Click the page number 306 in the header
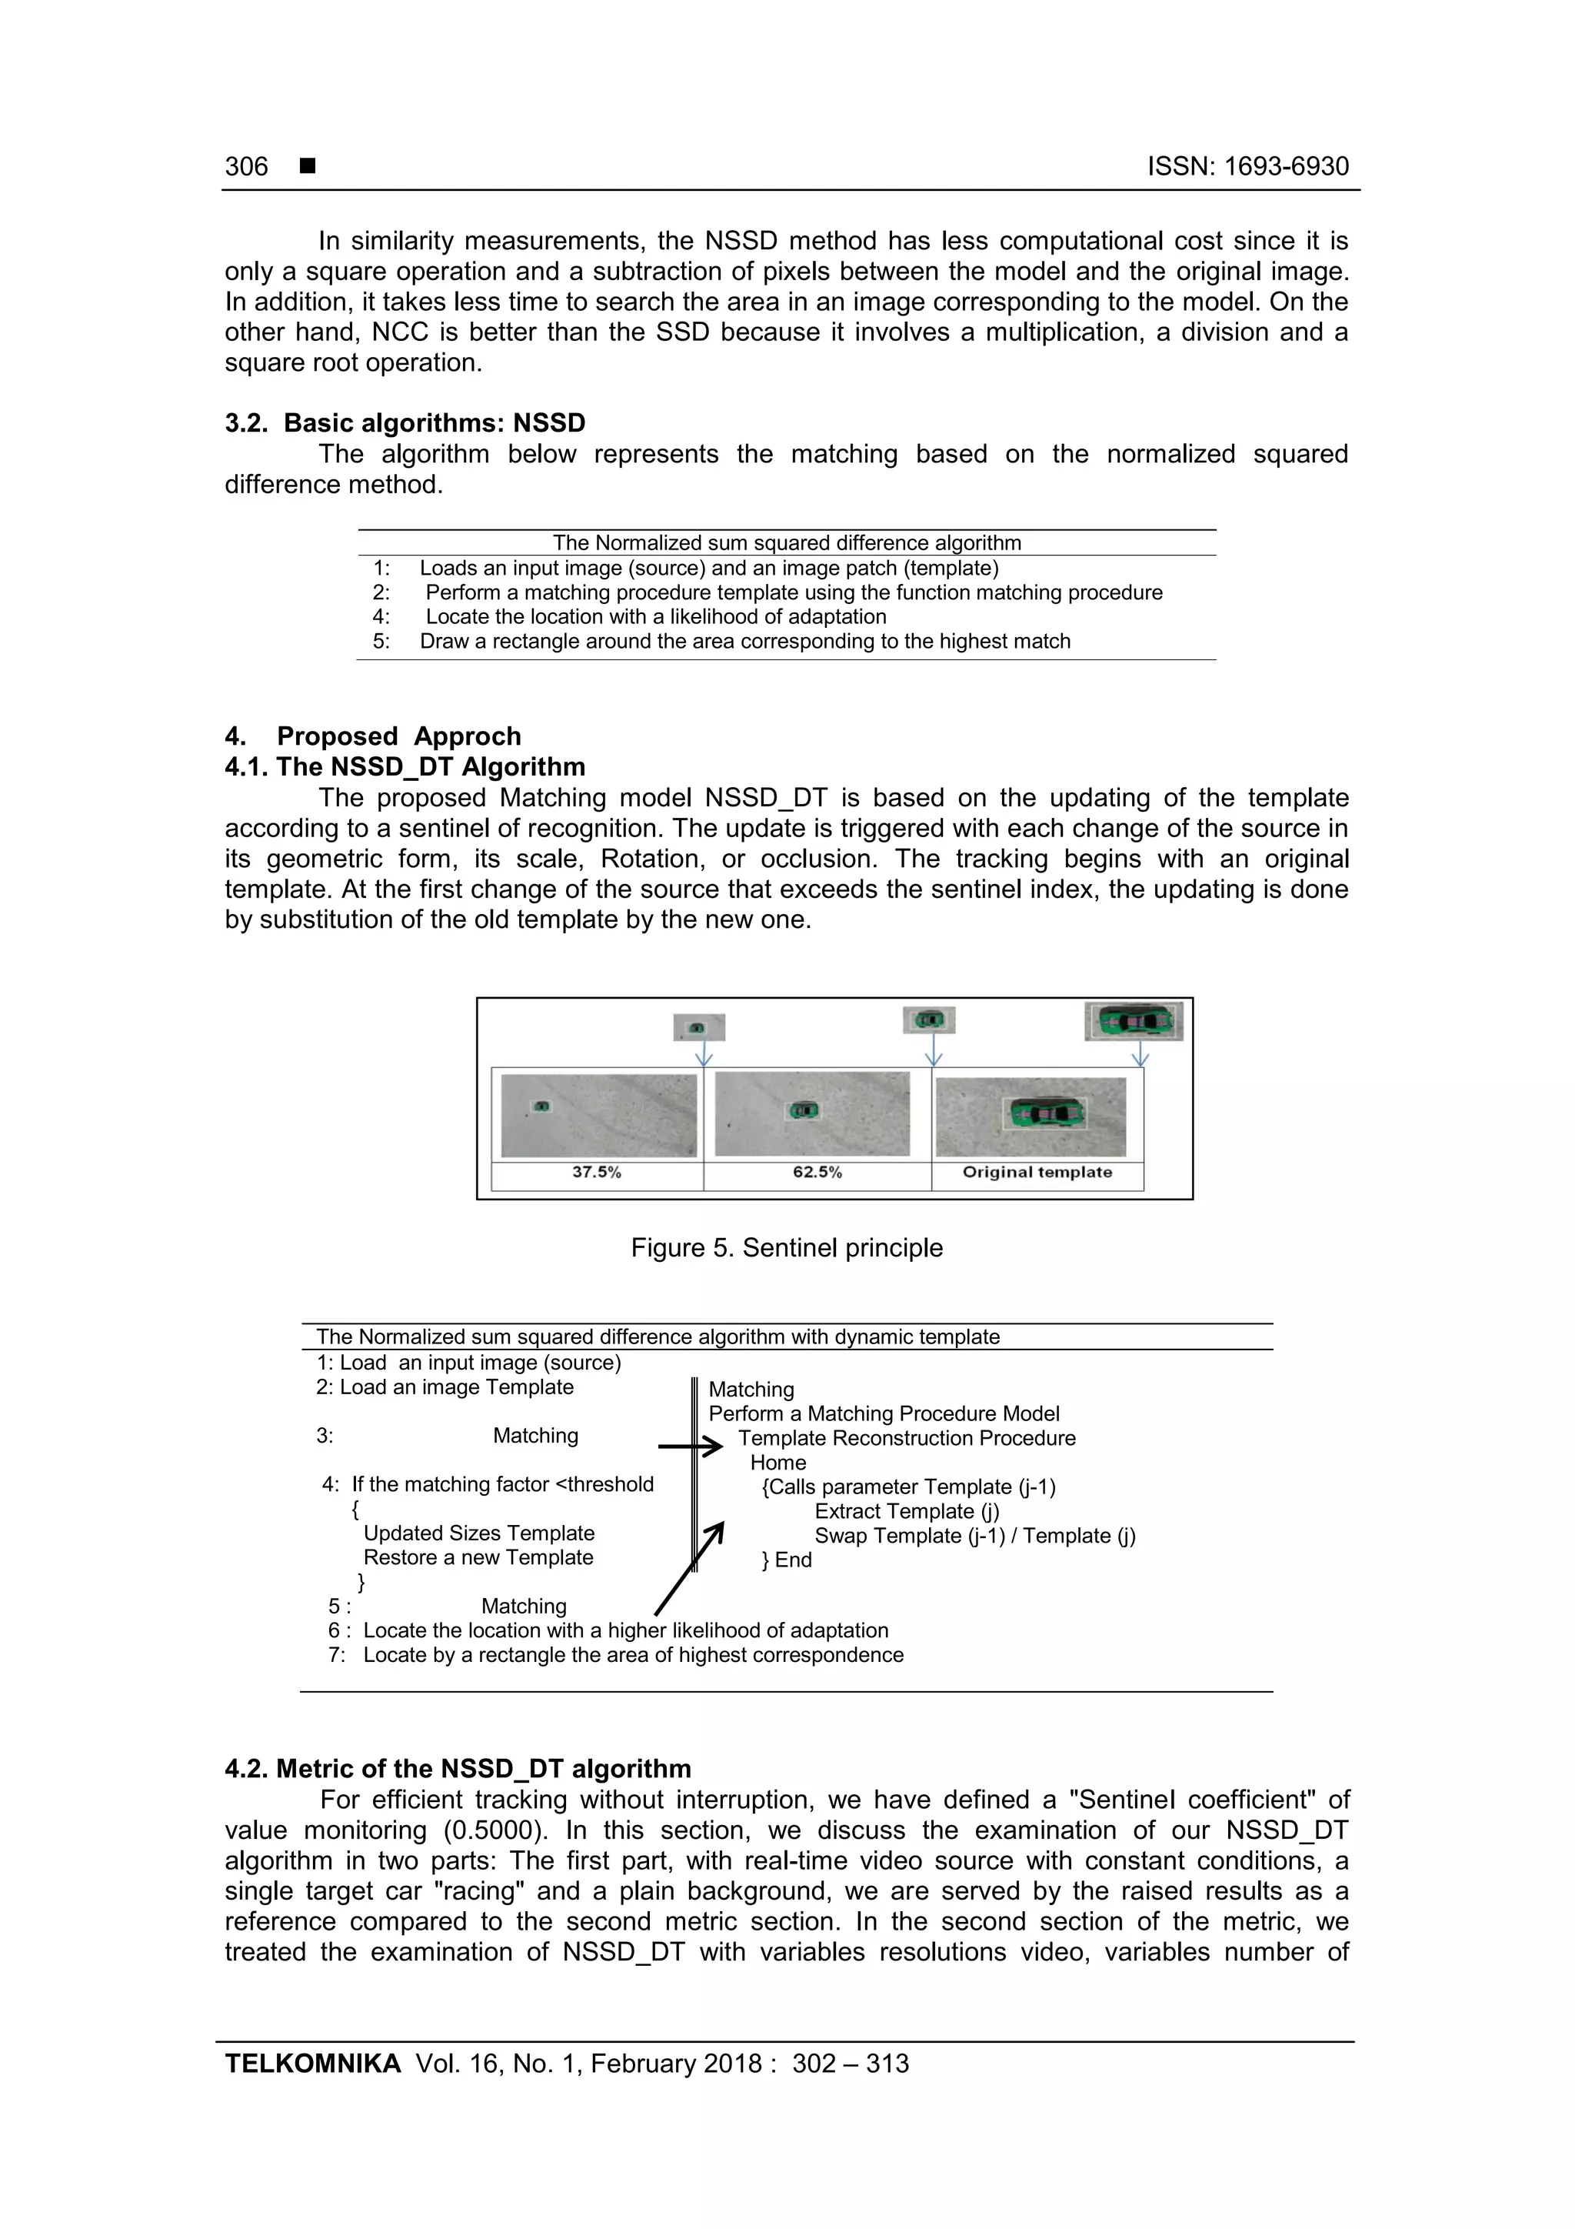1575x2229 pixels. (247, 166)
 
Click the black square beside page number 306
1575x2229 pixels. (308, 166)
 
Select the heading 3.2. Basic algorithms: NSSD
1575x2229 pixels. (405, 423)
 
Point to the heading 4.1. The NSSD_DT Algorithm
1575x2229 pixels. (405, 767)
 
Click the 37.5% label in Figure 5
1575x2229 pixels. (596, 1172)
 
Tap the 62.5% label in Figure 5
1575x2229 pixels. (817, 1172)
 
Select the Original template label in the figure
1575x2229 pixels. (1037, 1172)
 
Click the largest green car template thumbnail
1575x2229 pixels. (1133, 1021)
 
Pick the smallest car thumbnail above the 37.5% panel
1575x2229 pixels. (699, 1027)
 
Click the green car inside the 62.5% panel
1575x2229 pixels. (804, 1110)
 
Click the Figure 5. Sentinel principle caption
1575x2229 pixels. (786, 1247)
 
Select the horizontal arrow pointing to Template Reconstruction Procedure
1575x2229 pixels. (690, 1447)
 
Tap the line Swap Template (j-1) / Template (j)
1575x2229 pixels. (974, 1536)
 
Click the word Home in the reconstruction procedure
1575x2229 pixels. (778, 1462)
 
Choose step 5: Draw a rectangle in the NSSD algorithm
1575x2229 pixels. (722, 642)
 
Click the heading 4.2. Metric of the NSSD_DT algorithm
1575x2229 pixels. (458, 1769)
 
